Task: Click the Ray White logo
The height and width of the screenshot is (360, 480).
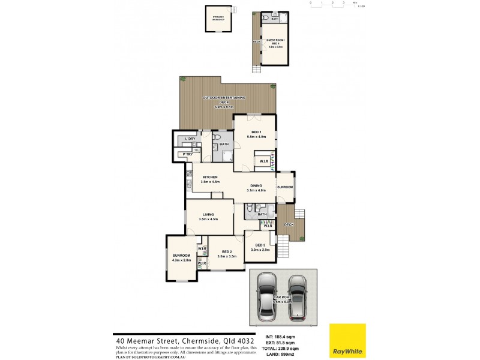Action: point(347,341)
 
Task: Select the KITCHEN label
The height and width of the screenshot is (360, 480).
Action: point(209,177)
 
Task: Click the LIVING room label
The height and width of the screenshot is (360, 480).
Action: point(208,214)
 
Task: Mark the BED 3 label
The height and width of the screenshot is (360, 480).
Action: point(260,245)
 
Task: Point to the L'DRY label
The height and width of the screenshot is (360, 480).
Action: point(190,139)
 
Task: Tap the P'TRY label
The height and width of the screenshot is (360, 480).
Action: point(188,154)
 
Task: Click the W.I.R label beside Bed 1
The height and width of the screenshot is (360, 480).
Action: point(263,161)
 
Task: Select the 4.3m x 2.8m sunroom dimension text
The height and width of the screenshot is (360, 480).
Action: point(181,260)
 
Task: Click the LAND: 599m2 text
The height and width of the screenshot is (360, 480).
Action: point(285,354)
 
